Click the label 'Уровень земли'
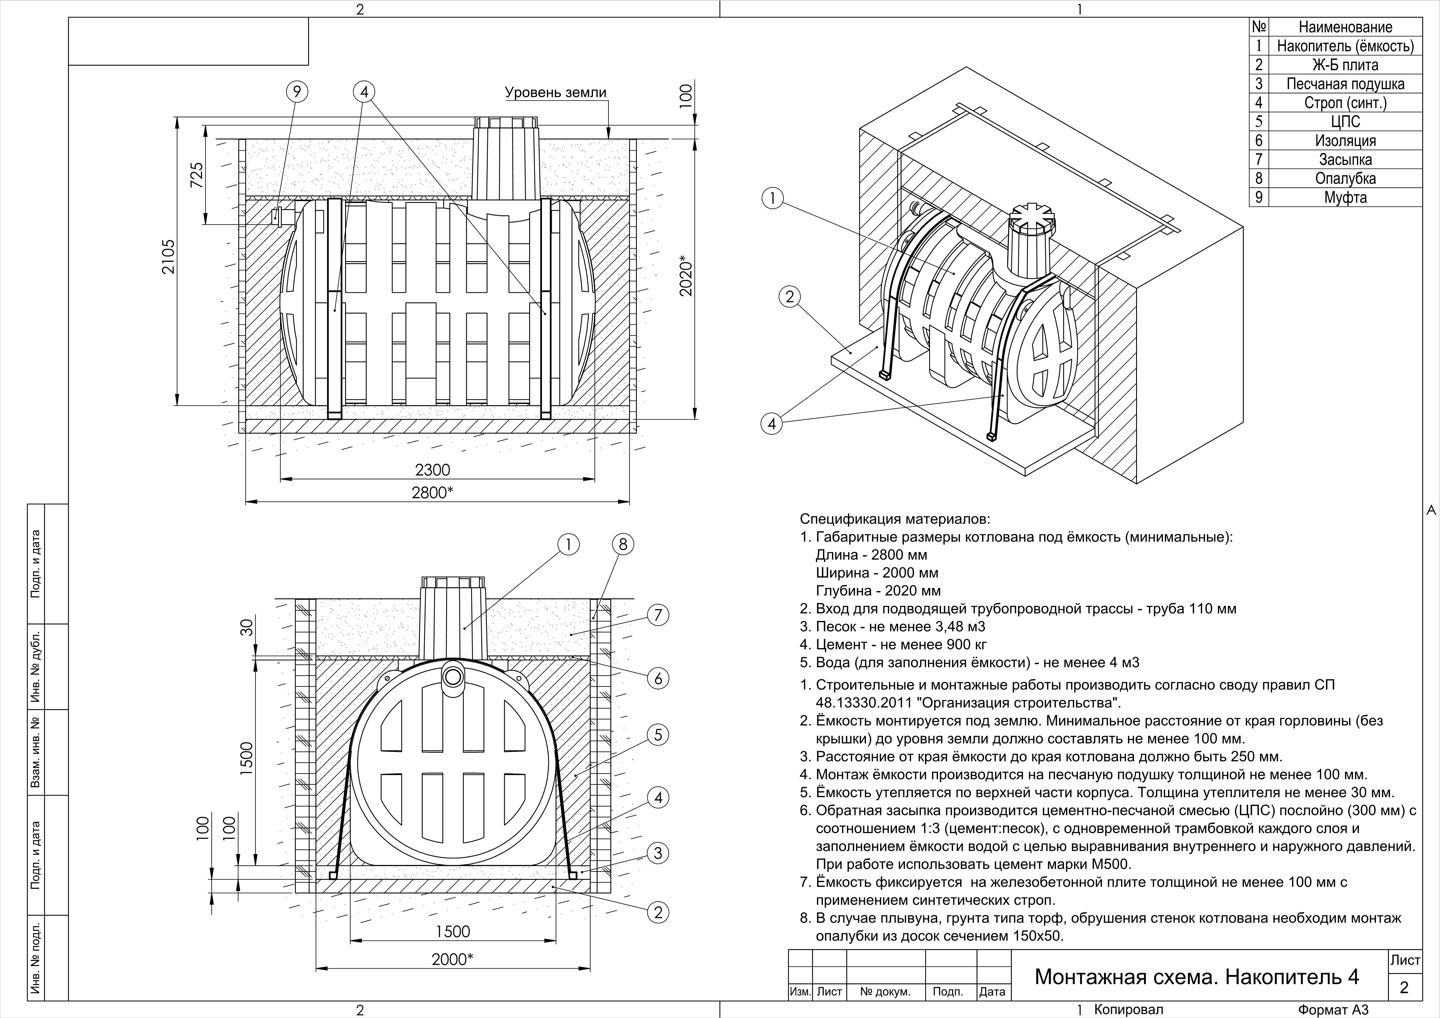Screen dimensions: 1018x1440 (x=556, y=93)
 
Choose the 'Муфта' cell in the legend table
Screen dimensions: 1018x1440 (x=1345, y=197)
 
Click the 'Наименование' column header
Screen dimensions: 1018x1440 (x=1345, y=27)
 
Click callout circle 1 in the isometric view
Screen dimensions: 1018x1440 (x=772, y=199)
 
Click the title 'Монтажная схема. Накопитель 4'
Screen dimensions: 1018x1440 (x=1197, y=977)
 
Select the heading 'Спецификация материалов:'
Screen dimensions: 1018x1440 (x=895, y=519)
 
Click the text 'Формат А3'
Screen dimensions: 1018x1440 (x=1332, y=1010)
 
